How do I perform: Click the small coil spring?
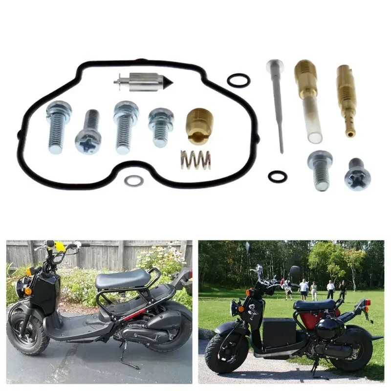tap(195, 160)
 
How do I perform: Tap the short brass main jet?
tap(199, 126)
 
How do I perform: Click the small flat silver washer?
tap(133, 181)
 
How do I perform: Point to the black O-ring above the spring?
tap(239, 80)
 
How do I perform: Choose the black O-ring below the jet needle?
tap(277, 177)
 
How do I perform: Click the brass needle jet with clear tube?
tap(308, 100)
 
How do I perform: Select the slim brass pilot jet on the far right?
tap(347, 98)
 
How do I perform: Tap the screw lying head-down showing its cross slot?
tap(88, 132)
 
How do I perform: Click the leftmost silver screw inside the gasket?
tap(59, 126)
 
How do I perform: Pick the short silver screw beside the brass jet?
tap(161, 127)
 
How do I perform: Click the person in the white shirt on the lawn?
tap(304, 288)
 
